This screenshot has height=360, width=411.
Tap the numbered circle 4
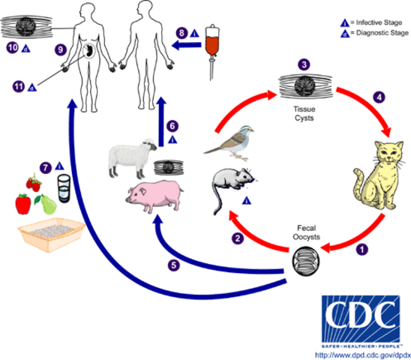(x=379, y=97)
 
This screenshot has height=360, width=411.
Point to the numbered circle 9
(x=60, y=49)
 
